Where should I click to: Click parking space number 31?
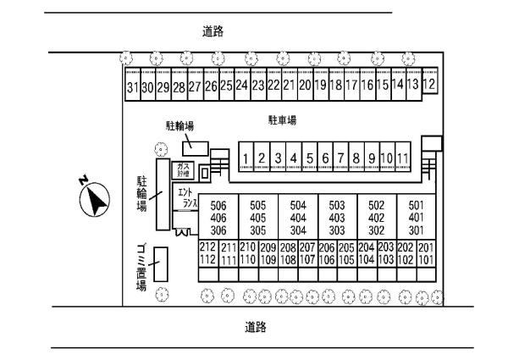(x=132, y=87)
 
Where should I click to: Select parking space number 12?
(x=429, y=85)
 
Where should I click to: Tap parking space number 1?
(x=246, y=158)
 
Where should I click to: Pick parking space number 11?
(x=403, y=158)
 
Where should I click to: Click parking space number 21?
(x=289, y=86)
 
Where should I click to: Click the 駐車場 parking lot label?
(x=282, y=121)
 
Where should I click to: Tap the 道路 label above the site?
(x=213, y=31)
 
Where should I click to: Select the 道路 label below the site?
(x=256, y=325)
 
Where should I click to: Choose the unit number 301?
(x=417, y=230)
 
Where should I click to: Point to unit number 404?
(x=298, y=218)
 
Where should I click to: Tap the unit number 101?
(x=425, y=259)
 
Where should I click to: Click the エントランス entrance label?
(x=189, y=198)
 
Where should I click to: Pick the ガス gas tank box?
(x=184, y=170)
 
